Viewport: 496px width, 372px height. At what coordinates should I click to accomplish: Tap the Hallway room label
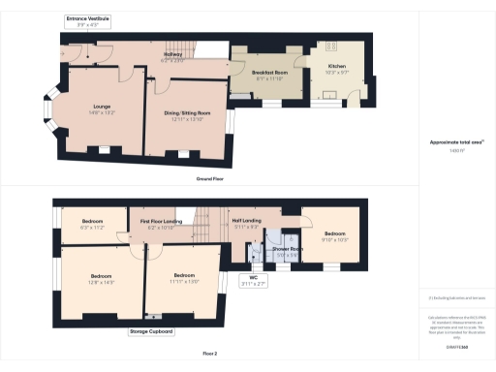pyautogui.click(x=172, y=55)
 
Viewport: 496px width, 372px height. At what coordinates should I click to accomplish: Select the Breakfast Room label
pyautogui.click(x=268, y=73)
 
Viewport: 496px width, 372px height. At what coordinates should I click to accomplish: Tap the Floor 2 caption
pyautogui.click(x=206, y=355)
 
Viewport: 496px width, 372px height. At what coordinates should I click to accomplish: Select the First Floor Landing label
pyautogui.click(x=162, y=222)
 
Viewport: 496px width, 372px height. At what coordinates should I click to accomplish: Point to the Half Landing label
pyautogui.click(x=246, y=221)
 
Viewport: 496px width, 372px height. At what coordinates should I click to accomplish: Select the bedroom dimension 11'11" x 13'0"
pyautogui.click(x=186, y=280)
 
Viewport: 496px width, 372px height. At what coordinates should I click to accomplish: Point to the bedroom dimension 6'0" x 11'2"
pyautogui.click(x=92, y=227)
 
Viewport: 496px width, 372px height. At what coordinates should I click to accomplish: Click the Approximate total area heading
pyautogui.click(x=456, y=142)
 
